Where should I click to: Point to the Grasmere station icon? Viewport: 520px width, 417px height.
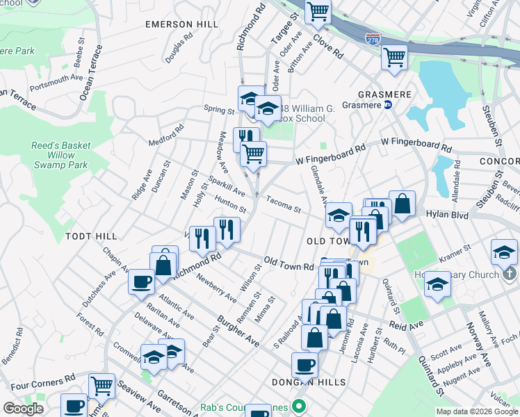click(389, 105)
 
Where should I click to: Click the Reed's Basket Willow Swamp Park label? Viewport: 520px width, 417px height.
click(60, 155)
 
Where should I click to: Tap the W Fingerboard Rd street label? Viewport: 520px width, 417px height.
click(330, 154)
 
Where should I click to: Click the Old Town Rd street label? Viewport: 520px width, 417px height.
click(289, 263)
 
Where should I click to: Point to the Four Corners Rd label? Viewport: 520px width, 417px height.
click(42, 382)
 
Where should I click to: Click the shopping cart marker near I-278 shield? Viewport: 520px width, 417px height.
click(394, 56)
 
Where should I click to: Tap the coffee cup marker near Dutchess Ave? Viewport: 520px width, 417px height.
click(141, 282)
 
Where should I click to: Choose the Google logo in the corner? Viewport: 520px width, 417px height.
click(24, 409)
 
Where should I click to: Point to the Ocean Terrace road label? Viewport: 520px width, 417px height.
click(91, 72)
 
